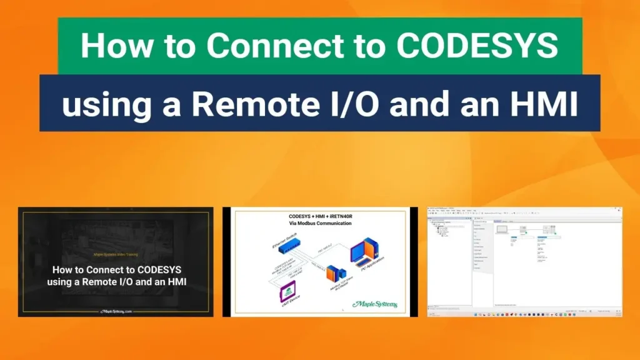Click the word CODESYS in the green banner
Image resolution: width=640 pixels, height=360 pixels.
pyautogui.click(x=476, y=46)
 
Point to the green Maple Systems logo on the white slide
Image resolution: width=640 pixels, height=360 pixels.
pyautogui.click(x=374, y=304)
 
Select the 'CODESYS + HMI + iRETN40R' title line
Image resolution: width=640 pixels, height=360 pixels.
pyautogui.click(x=320, y=215)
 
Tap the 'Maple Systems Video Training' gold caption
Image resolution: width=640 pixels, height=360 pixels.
pyautogui.click(x=115, y=255)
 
